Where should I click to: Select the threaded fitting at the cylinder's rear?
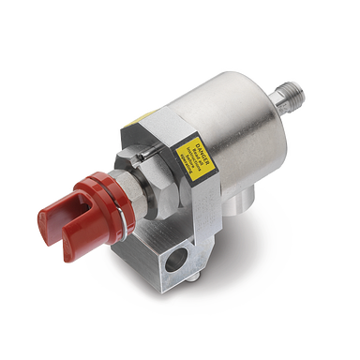pyautogui.click(x=292, y=95)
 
